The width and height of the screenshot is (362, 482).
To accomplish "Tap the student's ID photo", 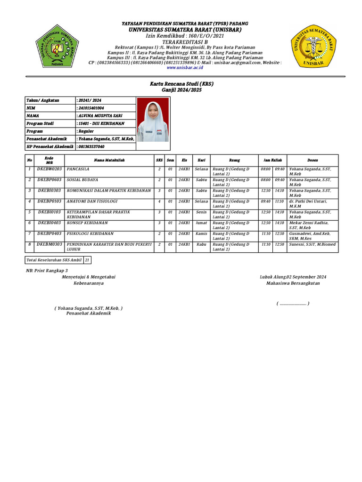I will coord(153,123).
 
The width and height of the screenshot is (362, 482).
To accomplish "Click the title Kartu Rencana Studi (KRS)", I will coord(181,83).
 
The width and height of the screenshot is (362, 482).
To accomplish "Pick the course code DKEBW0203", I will coord(49,169).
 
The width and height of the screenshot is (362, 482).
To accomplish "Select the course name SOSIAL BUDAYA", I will coord(82,180).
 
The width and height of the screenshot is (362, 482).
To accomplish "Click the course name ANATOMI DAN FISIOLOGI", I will coord(91,201).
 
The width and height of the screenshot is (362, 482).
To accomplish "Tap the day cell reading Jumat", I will coord(201,223).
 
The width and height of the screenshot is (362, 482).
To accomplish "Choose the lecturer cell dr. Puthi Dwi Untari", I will coord(308,201).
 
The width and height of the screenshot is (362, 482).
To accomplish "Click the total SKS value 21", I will coord(87,260).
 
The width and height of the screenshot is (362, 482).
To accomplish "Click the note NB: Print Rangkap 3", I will coord(47,271).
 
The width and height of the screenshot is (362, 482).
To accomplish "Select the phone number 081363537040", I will coord(91,146).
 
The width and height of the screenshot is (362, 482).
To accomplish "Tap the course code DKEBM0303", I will coord(49,244).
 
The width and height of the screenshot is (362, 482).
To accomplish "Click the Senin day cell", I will coord(201,212).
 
